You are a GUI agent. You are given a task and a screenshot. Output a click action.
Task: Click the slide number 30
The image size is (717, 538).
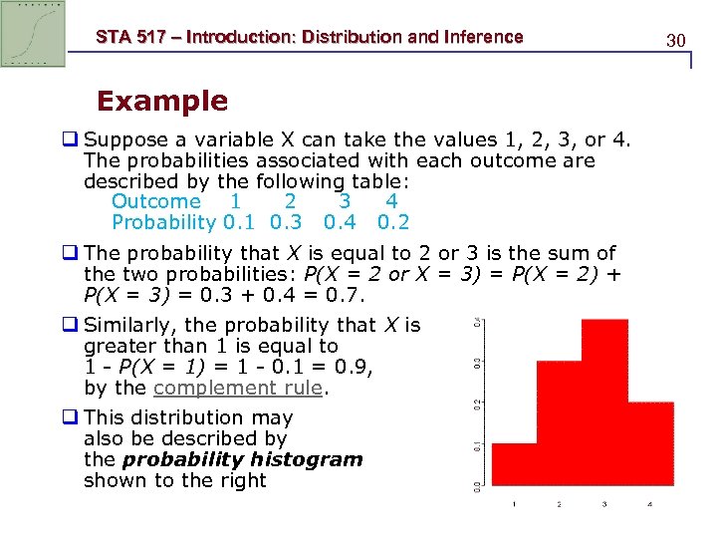pyautogui.click(x=676, y=41)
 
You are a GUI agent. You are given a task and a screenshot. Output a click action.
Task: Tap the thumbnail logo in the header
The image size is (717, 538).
pyautogui.click(x=33, y=33)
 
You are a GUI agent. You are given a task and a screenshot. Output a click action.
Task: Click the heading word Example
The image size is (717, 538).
pyautogui.click(x=161, y=101)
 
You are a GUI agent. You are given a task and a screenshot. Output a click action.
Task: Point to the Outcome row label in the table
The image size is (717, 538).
pyautogui.click(x=156, y=202)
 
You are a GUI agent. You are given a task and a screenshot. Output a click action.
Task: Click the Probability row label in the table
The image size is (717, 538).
pyautogui.click(x=163, y=223)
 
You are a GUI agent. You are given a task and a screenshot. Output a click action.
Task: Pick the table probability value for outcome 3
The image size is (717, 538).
pyautogui.click(x=339, y=223)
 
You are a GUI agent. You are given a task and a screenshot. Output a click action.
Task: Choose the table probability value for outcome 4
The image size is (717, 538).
pyautogui.click(x=392, y=223)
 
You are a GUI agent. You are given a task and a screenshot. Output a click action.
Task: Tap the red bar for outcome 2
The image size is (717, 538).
pyautogui.click(x=560, y=423)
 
